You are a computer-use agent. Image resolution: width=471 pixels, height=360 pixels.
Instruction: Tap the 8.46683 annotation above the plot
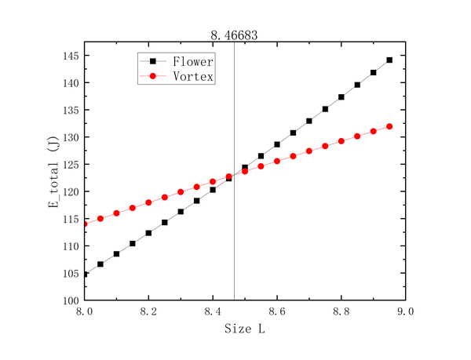coord(234,35)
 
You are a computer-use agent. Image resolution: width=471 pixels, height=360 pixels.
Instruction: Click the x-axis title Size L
coord(245,329)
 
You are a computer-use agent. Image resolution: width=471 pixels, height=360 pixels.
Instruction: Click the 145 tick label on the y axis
coord(71,56)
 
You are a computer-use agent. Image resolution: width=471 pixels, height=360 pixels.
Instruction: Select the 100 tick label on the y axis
coord(71,300)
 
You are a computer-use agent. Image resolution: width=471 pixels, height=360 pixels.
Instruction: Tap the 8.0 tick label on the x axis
coord(85,311)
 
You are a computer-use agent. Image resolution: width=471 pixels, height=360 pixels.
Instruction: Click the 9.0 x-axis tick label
coord(405,311)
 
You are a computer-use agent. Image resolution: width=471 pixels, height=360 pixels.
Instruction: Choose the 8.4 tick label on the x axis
coord(213,311)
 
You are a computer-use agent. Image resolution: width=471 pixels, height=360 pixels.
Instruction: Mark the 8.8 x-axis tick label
coord(341,311)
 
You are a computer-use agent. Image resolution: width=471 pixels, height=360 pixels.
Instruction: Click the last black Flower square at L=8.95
coord(389,60)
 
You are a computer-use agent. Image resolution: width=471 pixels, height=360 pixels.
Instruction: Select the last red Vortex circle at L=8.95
coord(389,126)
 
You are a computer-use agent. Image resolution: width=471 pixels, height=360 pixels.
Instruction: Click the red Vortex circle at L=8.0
coord(85,224)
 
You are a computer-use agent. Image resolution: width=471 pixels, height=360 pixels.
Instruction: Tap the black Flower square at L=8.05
coord(100,264)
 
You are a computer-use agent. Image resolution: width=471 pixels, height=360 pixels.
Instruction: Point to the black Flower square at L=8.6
coord(277,144)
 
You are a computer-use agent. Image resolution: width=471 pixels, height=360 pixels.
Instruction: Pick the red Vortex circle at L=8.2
coord(148,202)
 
